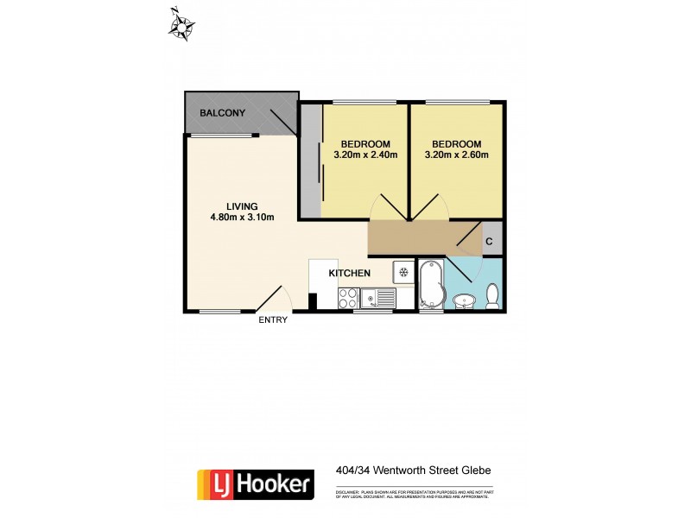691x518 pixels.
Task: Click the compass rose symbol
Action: point(181,25)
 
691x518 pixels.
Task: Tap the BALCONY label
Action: point(223,113)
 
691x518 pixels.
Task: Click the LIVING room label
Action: point(242,205)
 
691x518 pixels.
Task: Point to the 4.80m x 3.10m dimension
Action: point(242,217)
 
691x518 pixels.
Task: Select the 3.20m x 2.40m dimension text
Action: point(365,155)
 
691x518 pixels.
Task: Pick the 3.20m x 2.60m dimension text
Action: point(457,155)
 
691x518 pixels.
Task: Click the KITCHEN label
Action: point(350,274)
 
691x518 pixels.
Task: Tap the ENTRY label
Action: point(273,320)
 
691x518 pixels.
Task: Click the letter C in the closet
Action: point(489,243)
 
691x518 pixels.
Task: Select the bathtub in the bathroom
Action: point(430,286)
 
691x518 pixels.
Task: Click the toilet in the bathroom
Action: point(492,296)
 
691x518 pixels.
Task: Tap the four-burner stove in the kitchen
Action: point(348,298)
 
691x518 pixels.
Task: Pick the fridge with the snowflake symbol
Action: point(403,272)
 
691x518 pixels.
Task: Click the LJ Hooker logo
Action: point(256,483)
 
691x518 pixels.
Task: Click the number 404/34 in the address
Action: point(354,471)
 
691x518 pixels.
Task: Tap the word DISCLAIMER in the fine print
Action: point(349,491)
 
